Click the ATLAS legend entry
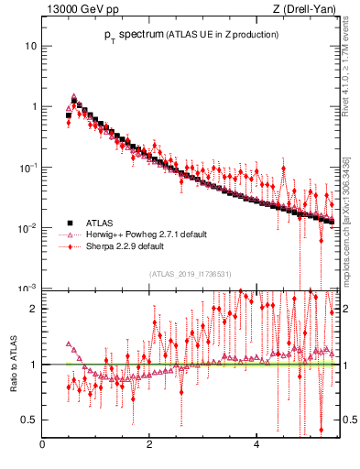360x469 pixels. (x=100, y=223)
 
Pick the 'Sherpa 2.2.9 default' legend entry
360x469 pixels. (x=125, y=246)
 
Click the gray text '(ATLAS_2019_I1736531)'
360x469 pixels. (x=190, y=274)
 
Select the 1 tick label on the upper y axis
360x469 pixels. (x=33, y=106)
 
